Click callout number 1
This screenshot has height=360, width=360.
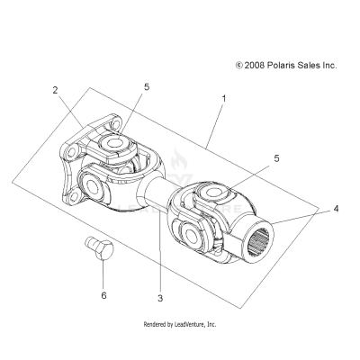point(224,98)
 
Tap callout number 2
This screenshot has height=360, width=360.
point(55,90)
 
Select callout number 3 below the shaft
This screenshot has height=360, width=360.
point(160,298)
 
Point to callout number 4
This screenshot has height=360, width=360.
point(336,209)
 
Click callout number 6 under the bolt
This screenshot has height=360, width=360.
point(103,295)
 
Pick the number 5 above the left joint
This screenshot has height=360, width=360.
point(147,87)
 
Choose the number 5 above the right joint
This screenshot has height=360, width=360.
point(276,158)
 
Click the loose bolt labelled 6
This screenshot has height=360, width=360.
point(99,248)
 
